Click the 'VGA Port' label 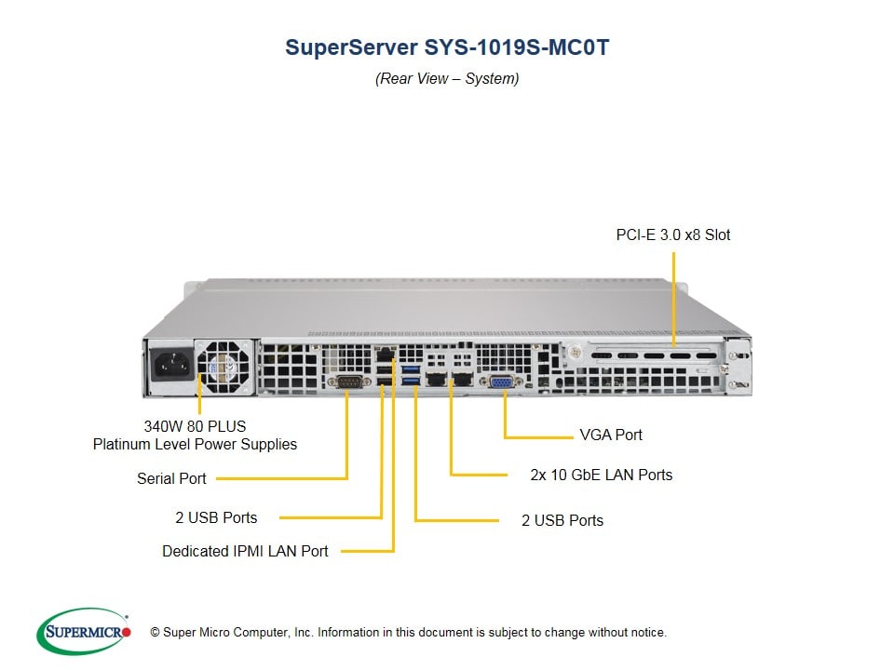610,435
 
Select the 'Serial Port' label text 171,478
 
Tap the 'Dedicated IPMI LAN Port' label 245,551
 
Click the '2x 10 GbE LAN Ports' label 601,475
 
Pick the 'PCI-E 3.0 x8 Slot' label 672,234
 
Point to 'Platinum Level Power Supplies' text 195,444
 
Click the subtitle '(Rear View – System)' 447,78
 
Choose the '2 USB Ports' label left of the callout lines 216,517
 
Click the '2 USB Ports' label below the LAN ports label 562,520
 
